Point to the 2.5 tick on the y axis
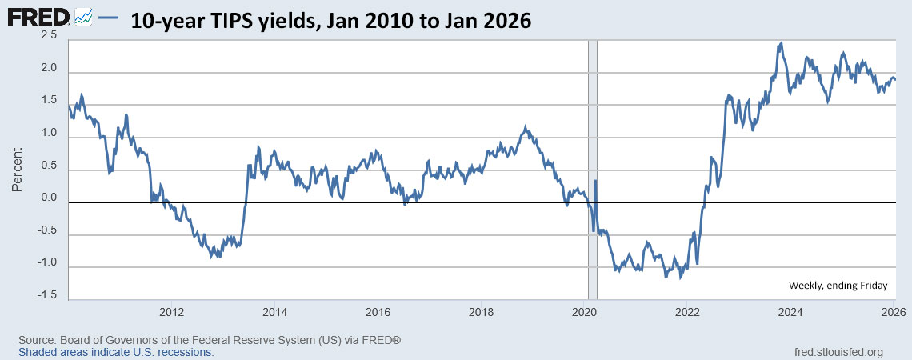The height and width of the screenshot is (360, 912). point(49,36)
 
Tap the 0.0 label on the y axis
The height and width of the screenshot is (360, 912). point(49,198)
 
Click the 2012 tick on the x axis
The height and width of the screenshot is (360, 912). point(171,312)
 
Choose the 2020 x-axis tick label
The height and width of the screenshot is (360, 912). point(585,312)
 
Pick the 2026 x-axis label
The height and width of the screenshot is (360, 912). point(894,312)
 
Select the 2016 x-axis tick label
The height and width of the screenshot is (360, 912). point(378,312)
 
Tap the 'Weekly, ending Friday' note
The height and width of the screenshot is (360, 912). point(838,285)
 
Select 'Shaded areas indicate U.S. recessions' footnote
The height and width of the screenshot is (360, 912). point(116,352)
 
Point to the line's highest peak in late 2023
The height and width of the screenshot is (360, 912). point(780,42)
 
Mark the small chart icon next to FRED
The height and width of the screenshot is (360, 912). point(84,17)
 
